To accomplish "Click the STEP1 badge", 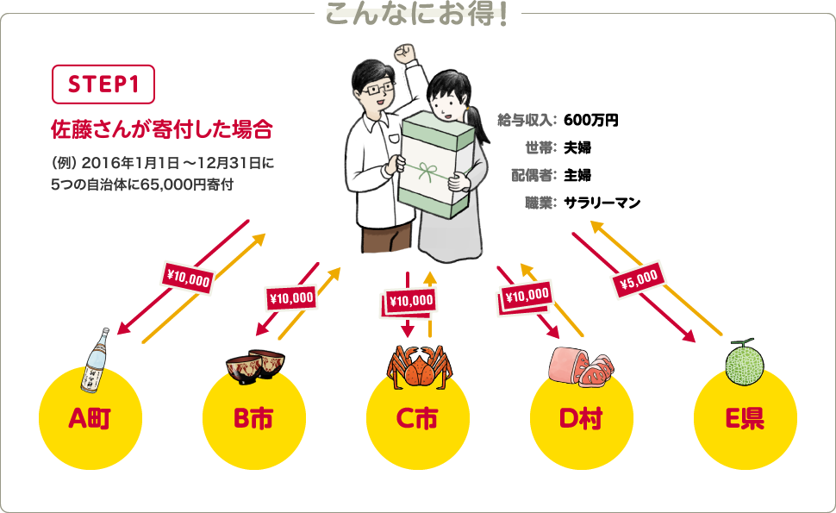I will (103, 84).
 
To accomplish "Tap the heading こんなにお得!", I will (417, 15).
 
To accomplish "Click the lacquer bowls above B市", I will (255, 366).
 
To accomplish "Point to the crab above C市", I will (419, 366).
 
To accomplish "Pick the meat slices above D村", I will (582, 366).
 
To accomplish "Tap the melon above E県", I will (745, 362).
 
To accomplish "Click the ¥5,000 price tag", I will (639, 279).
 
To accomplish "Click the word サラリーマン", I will (602, 203).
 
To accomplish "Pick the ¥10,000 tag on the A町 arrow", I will (188, 278).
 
